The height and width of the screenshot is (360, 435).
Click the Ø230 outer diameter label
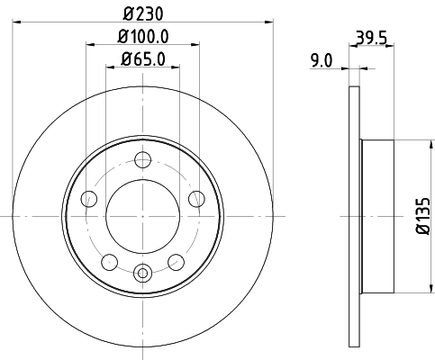[142, 14]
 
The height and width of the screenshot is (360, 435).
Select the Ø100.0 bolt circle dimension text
[143, 37]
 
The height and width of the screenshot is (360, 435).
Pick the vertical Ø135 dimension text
[420, 218]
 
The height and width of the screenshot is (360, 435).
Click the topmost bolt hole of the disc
[142, 161]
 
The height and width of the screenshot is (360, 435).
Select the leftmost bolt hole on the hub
[88, 200]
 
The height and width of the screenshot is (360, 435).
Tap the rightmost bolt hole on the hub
[196, 200]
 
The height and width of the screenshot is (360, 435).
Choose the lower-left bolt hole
[109, 262]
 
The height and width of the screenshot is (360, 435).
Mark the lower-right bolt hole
[176, 262]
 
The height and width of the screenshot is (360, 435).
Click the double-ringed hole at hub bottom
[142, 272]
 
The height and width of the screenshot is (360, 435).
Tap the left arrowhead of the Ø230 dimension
[17, 24]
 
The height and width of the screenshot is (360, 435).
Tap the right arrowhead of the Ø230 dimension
[267, 24]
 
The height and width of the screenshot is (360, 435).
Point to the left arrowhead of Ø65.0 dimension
[111, 69]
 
